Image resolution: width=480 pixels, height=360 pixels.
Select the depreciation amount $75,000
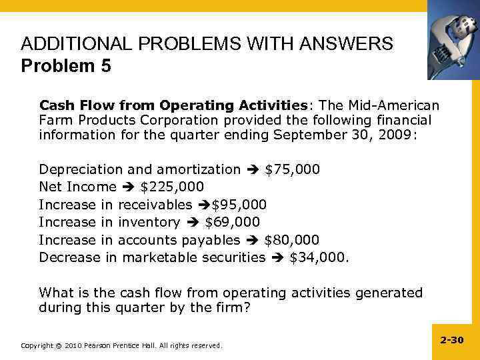pyautogui.click(x=292, y=169)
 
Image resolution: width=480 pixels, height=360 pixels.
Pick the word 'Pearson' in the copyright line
pyautogui.click(x=99, y=345)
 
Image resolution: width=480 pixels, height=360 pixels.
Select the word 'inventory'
pyautogui.click(x=149, y=221)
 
